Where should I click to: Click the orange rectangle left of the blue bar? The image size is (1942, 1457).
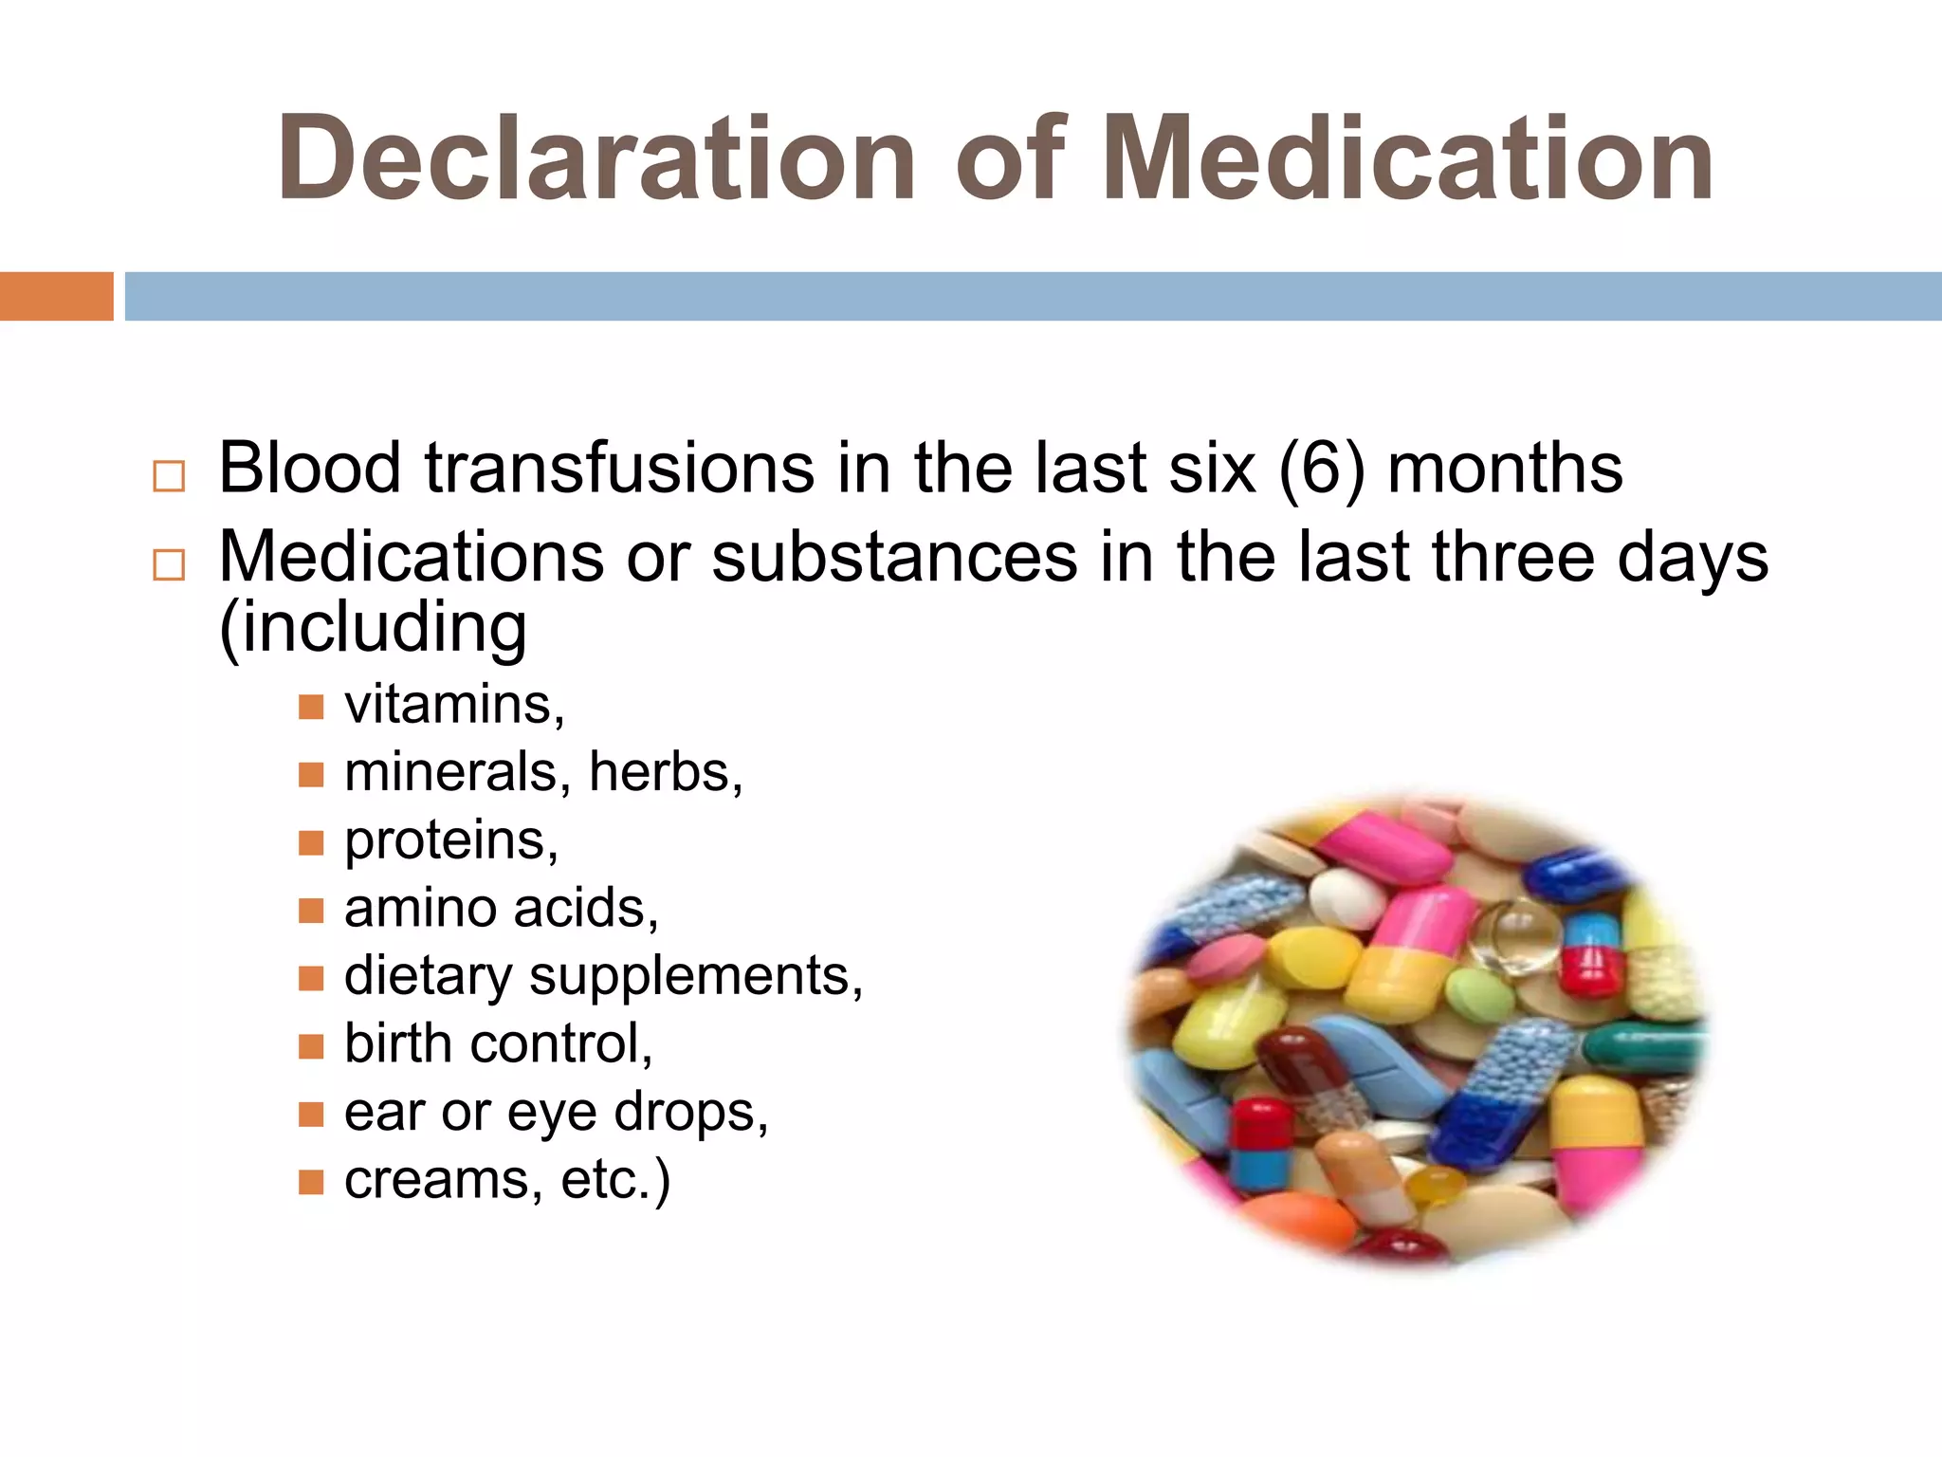[x=56, y=296]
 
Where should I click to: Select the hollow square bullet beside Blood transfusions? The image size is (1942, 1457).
[x=169, y=475]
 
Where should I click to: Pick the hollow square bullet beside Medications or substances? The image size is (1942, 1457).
[x=169, y=564]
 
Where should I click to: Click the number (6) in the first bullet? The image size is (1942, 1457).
[x=1322, y=469]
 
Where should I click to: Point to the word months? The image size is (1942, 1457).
[x=1505, y=469]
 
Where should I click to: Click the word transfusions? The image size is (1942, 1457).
[x=618, y=469]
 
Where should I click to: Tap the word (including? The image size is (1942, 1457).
[x=373, y=628]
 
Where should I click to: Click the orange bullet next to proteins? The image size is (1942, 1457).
[x=311, y=842]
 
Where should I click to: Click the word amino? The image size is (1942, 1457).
[x=420, y=909]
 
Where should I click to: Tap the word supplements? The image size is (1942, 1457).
[x=696, y=977]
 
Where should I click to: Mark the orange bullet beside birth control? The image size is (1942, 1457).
[x=311, y=1045]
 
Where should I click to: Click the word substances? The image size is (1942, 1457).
[x=894, y=558]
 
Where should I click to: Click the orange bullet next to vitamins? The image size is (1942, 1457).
[x=311, y=707]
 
